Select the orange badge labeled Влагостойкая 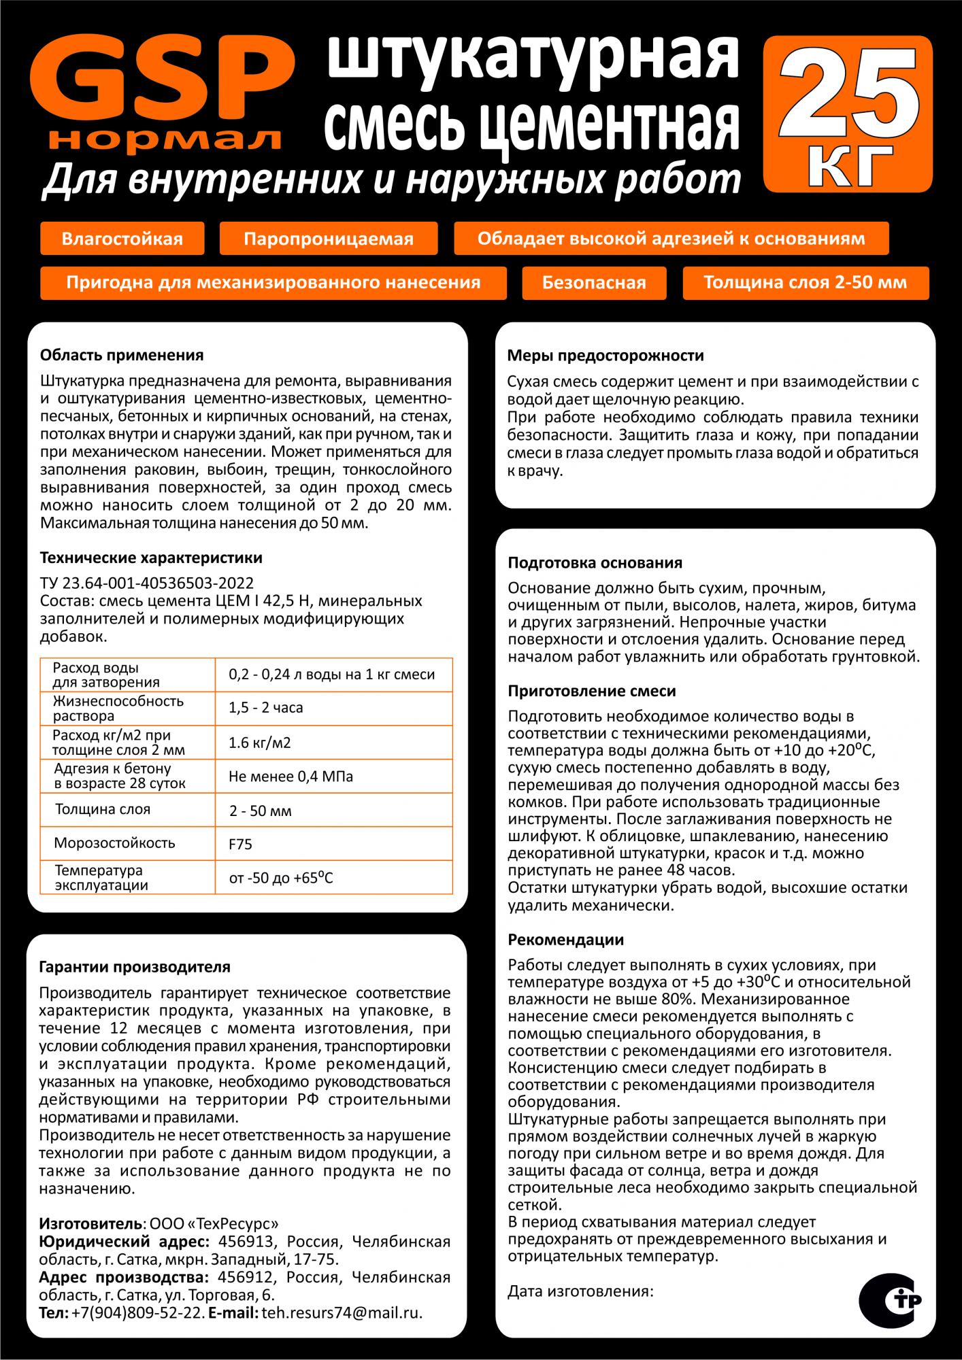(x=122, y=239)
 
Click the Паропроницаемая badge (x=329, y=239)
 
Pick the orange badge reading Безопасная (x=594, y=282)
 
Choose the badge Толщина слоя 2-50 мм (x=805, y=282)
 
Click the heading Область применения (x=122, y=355)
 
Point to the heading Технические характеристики (x=151, y=558)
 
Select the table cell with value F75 (x=241, y=845)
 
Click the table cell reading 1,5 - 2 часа (x=266, y=708)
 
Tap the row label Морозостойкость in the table (x=115, y=843)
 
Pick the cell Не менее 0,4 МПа (x=291, y=777)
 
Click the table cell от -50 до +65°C (x=281, y=878)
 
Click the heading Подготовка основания (x=595, y=563)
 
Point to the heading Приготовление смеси (x=592, y=691)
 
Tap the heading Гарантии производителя (x=135, y=966)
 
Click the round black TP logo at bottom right (x=894, y=1300)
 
